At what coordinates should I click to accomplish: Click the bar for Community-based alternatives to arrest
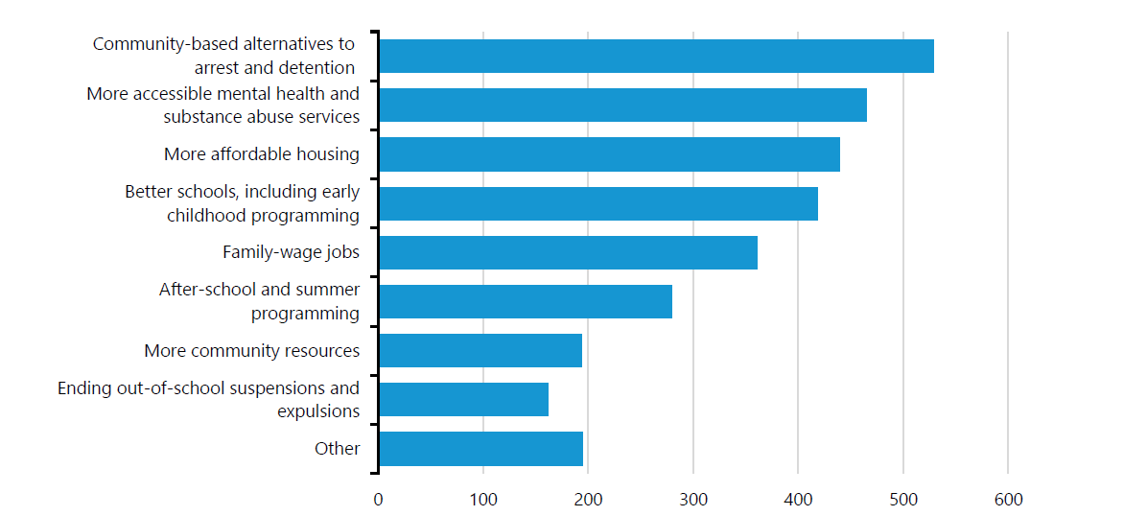point(656,57)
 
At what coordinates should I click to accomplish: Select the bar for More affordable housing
point(609,154)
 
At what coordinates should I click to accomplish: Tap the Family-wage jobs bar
point(568,252)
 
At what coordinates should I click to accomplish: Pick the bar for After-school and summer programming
point(526,301)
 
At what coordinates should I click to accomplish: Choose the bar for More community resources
point(480,350)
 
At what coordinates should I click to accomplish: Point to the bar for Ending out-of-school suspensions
point(463,399)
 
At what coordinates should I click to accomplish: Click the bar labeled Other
point(480,448)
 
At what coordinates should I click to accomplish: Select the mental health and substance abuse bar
point(622,106)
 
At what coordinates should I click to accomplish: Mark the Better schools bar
point(598,203)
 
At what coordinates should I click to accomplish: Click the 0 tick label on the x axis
point(378,500)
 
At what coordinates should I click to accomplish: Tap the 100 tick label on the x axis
point(483,500)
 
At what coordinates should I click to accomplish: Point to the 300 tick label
point(693,500)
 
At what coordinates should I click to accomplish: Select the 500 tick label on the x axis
point(903,500)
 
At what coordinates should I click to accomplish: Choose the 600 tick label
point(1008,500)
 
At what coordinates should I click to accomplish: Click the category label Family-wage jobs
point(291,252)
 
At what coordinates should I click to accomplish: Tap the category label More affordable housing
point(261,154)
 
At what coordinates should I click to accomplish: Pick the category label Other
point(337,448)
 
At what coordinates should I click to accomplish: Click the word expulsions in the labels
point(318,411)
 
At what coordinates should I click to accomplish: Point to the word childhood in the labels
point(206,216)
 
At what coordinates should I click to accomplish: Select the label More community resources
point(251,350)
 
